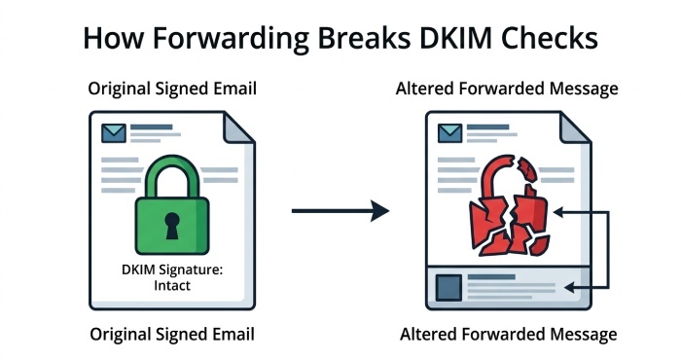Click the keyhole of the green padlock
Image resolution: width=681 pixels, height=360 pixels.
coord(172,226)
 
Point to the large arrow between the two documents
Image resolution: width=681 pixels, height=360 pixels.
coord(340,209)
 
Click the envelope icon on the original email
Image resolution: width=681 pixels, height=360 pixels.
coord(115,131)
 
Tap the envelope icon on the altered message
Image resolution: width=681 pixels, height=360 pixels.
coord(449,131)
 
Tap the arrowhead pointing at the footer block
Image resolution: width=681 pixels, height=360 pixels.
coord(573,287)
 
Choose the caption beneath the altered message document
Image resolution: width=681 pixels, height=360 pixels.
coord(508,335)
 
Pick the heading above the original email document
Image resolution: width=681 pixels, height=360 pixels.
coord(171,89)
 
